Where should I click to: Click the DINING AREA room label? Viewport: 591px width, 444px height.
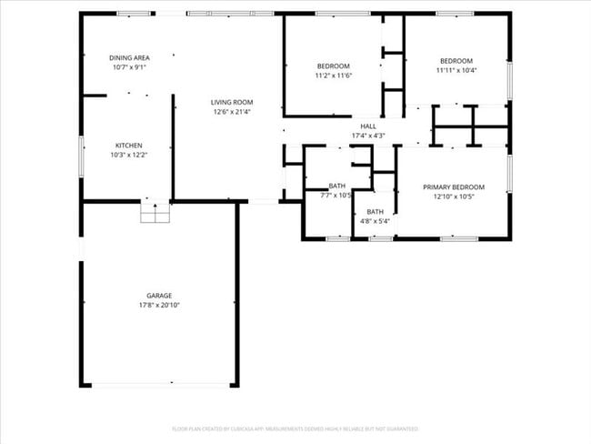(x=129, y=57)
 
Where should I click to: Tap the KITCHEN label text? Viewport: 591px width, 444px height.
(x=128, y=146)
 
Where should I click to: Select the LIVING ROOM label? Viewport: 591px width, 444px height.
(x=232, y=102)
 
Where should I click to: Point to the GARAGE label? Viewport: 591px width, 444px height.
(x=159, y=295)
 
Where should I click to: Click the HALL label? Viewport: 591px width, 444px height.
(x=368, y=126)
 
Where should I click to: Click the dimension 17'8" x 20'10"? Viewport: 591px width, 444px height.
(x=159, y=305)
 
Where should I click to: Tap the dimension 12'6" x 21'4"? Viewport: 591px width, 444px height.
(x=232, y=112)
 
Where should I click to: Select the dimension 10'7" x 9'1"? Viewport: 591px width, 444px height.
(x=129, y=67)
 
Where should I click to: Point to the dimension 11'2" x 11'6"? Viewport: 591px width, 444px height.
(x=333, y=76)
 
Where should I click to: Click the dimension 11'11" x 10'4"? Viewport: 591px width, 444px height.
(x=456, y=70)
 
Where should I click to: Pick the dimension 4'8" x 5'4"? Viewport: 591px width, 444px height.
(x=375, y=221)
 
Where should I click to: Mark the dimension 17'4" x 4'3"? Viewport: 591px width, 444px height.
(x=368, y=136)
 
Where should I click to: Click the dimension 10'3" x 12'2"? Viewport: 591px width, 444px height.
(x=128, y=156)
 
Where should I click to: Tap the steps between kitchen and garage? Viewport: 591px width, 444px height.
(x=155, y=212)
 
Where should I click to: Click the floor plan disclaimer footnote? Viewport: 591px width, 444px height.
(x=295, y=428)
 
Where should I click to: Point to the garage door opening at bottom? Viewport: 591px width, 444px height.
(x=161, y=385)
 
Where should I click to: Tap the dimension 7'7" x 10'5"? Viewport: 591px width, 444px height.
(x=336, y=195)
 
